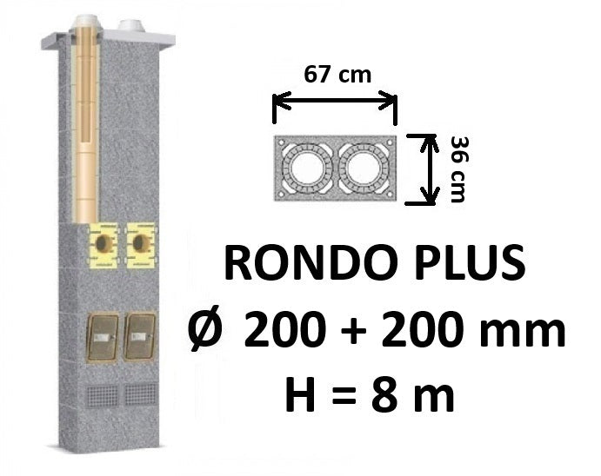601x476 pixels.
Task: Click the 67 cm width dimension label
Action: [337, 74]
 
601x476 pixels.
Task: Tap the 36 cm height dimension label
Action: [458, 169]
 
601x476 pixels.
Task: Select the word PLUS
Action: [461, 263]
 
